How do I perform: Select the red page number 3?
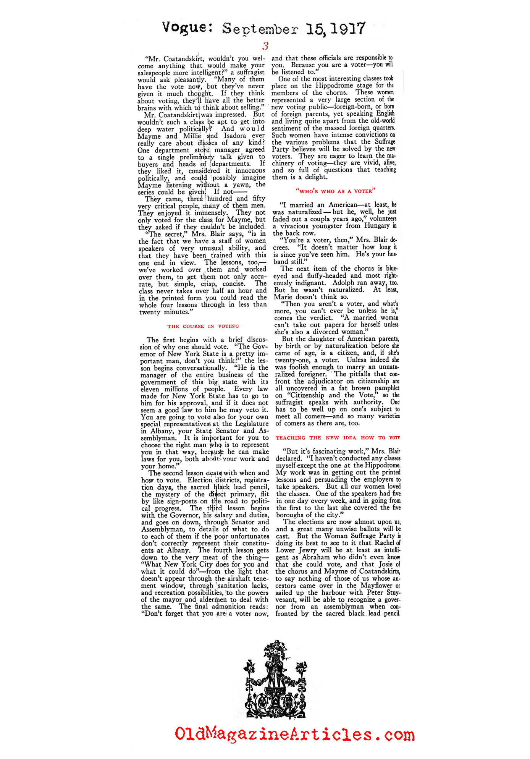265,46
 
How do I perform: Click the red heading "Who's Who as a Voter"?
336,191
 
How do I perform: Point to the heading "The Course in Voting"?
203,326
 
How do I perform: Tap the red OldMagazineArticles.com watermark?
294,734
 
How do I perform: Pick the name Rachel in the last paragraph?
384,543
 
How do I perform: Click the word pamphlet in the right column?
387,388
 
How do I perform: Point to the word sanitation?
233,586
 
